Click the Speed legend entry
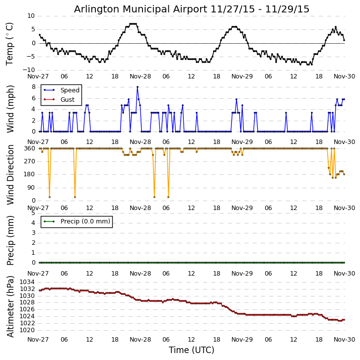[70, 90]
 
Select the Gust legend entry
[67, 100]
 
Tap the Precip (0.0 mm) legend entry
[83, 221]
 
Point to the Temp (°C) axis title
[10, 43]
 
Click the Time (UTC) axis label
[192, 350]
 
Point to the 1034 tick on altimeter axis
[27, 282]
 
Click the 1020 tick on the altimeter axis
[27, 330]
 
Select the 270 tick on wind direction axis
[29, 161]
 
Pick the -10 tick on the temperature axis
[29, 70]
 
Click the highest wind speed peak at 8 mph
[138, 87]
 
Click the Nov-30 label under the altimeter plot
[345, 340]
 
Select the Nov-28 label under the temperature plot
[141, 77]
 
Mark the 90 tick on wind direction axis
[31, 187]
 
